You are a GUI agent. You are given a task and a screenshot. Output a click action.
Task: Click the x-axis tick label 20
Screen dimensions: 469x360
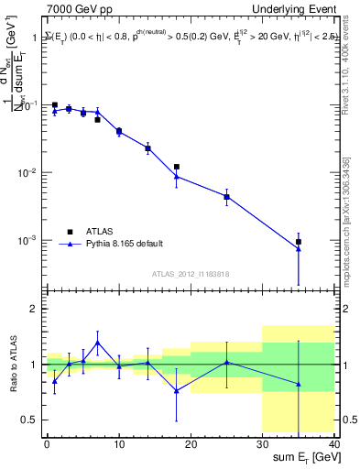pyautogui.click(x=191, y=442)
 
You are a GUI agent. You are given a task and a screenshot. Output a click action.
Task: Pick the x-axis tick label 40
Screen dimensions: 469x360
pyautogui.click(x=334, y=442)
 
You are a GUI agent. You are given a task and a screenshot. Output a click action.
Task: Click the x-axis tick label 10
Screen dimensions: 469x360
pyautogui.click(x=118, y=442)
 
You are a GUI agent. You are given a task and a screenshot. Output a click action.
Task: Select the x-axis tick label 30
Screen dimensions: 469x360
pyautogui.click(x=262, y=442)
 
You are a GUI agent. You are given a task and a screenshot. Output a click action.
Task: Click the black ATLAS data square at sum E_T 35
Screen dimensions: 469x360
pyautogui.click(x=299, y=242)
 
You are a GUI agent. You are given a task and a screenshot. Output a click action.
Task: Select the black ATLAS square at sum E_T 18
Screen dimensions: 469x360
pyautogui.click(x=176, y=167)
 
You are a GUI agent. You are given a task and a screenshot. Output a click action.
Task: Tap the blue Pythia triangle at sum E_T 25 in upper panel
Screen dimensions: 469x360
pyautogui.click(x=226, y=196)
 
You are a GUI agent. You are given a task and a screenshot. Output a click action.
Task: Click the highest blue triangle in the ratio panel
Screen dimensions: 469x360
pyautogui.click(x=97, y=343)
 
